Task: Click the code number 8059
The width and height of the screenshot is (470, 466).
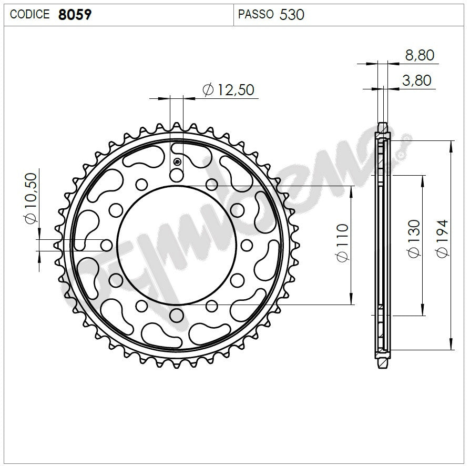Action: click(74, 14)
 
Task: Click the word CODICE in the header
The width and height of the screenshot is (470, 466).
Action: click(29, 14)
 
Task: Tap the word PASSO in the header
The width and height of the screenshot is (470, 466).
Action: click(256, 14)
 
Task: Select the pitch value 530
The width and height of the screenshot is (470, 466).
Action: click(292, 14)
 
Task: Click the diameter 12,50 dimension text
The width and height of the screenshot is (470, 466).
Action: click(228, 90)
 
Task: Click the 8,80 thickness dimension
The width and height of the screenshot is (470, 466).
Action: click(420, 55)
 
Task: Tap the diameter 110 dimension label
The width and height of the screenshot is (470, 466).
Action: click(342, 243)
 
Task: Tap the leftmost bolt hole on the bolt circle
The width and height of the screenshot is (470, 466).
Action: click(107, 245)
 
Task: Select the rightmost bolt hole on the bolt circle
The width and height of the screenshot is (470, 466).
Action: click(247, 245)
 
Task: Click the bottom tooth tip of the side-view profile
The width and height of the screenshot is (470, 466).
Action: click(383, 367)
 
